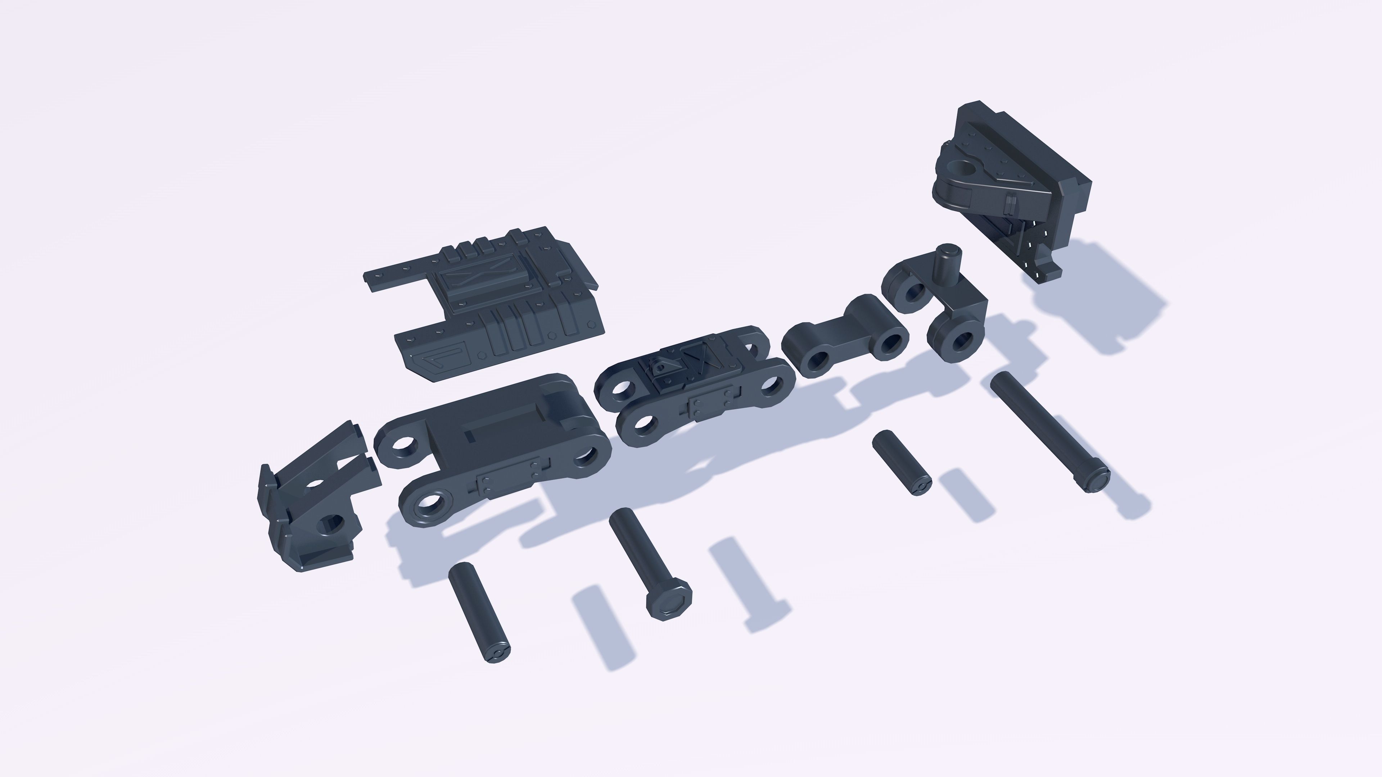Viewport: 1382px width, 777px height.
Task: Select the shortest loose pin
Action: [x=901, y=463]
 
